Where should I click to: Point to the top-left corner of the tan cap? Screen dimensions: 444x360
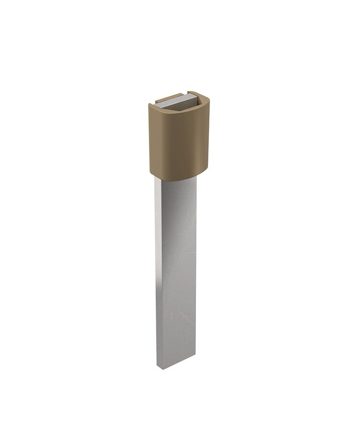(149, 105)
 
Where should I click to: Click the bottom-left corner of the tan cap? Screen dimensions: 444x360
(150, 170)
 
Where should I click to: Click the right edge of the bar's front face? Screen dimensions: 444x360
(195, 266)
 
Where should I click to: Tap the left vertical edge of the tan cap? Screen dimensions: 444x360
(149, 138)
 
